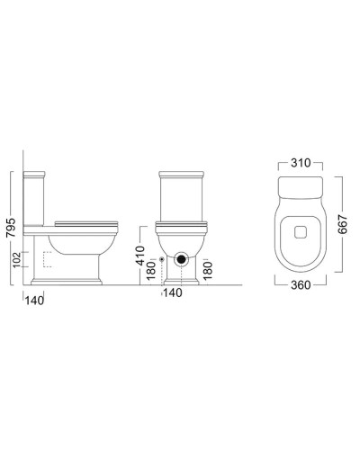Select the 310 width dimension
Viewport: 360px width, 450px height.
pos(300,164)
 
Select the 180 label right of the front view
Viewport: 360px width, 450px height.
pos(209,268)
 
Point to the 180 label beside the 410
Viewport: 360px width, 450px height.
pos(153,269)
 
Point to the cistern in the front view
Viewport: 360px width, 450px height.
pos(183,198)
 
